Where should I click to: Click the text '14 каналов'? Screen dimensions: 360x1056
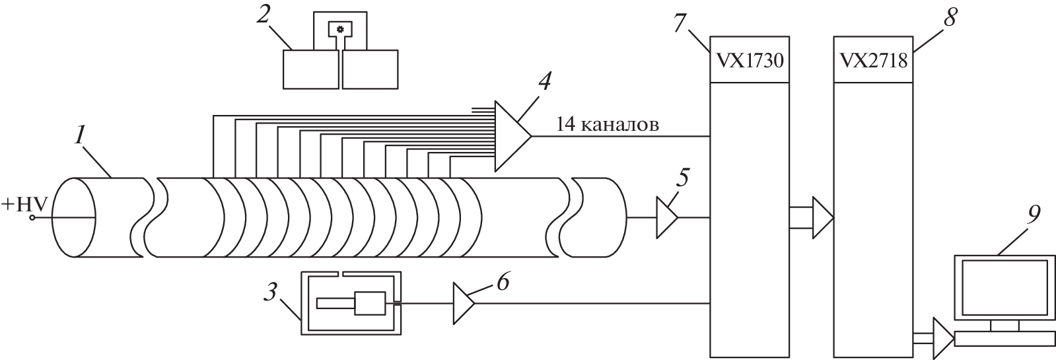607,125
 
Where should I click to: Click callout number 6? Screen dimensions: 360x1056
503,282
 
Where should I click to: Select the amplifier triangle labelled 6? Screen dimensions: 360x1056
462,303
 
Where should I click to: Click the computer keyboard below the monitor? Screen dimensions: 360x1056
1004,339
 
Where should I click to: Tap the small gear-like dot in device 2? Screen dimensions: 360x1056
340,28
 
